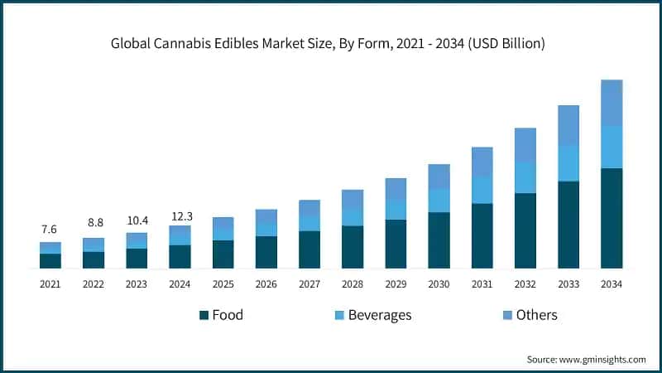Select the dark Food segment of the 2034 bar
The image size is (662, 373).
tap(612, 218)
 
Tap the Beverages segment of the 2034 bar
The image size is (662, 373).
tap(612, 147)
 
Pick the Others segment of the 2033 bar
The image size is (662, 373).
tap(568, 125)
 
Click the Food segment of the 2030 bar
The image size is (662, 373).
tap(439, 240)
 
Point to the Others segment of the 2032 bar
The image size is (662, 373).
tap(525, 145)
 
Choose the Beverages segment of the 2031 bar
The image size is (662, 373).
tap(482, 190)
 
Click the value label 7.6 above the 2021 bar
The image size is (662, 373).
tap(50, 230)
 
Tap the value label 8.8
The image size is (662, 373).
tap(94, 223)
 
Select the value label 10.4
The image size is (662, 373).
tap(137, 220)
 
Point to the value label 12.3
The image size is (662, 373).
tap(180, 216)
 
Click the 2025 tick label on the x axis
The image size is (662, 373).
tap(223, 284)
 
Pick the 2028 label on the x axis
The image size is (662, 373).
tap(353, 284)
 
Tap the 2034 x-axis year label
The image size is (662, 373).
tap(612, 284)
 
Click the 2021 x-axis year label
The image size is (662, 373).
tap(50, 284)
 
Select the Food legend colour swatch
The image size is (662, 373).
tap(204, 316)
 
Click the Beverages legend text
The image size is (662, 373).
tap(380, 315)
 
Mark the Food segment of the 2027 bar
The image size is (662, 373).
tap(309, 249)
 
